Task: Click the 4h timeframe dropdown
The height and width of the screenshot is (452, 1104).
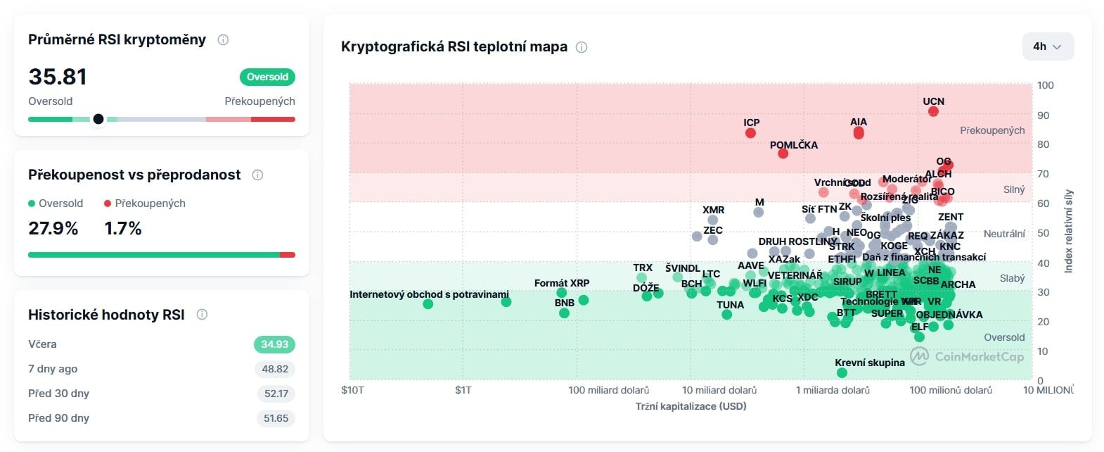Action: pos(1047,46)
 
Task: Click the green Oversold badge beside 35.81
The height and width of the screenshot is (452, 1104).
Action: pos(267,77)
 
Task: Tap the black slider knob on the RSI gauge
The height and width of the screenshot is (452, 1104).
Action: pos(98,119)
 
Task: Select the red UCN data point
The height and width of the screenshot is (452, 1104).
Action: pos(933,111)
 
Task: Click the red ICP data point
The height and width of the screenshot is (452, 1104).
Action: pos(750,133)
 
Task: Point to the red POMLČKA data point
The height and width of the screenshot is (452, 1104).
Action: pos(783,153)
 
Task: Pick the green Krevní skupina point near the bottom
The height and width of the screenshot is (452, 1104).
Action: pos(842,373)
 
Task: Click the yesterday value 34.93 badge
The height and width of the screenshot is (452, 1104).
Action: pos(274,344)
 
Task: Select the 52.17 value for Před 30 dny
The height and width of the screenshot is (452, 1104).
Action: pos(276,394)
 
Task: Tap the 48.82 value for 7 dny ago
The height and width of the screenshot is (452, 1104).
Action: pos(275,369)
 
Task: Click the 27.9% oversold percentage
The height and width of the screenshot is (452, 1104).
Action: pos(53,229)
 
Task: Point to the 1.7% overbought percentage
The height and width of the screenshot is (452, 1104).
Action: pos(123,229)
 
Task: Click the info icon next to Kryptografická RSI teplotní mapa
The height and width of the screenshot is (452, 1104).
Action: pos(582,47)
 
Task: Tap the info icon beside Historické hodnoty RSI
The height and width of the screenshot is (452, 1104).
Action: pos(202,315)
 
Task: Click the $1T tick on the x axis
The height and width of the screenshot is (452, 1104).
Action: pos(463,390)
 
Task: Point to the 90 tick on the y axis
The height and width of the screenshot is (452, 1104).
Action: pos(1043,115)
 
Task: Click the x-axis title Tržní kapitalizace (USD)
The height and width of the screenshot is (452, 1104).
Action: pos(691,406)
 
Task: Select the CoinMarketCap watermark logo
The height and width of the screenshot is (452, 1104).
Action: pos(920,356)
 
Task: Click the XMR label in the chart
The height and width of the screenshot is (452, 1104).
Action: pos(713,210)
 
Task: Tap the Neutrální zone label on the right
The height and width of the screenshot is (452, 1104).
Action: pos(1004,234)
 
